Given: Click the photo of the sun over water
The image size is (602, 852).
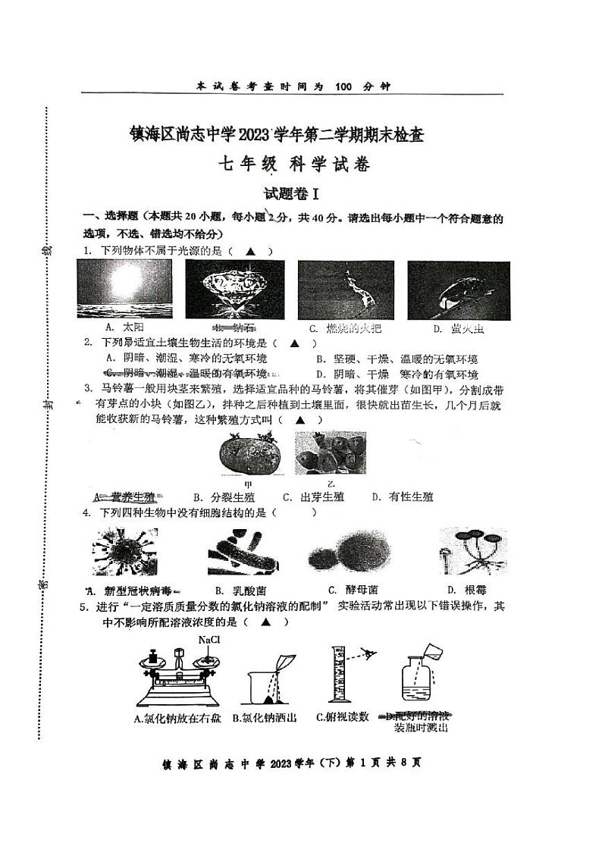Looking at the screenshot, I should pos(125,289).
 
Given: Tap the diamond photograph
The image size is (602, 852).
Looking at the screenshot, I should pos(235,289).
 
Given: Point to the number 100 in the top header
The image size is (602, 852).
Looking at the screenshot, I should pos(343,86).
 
